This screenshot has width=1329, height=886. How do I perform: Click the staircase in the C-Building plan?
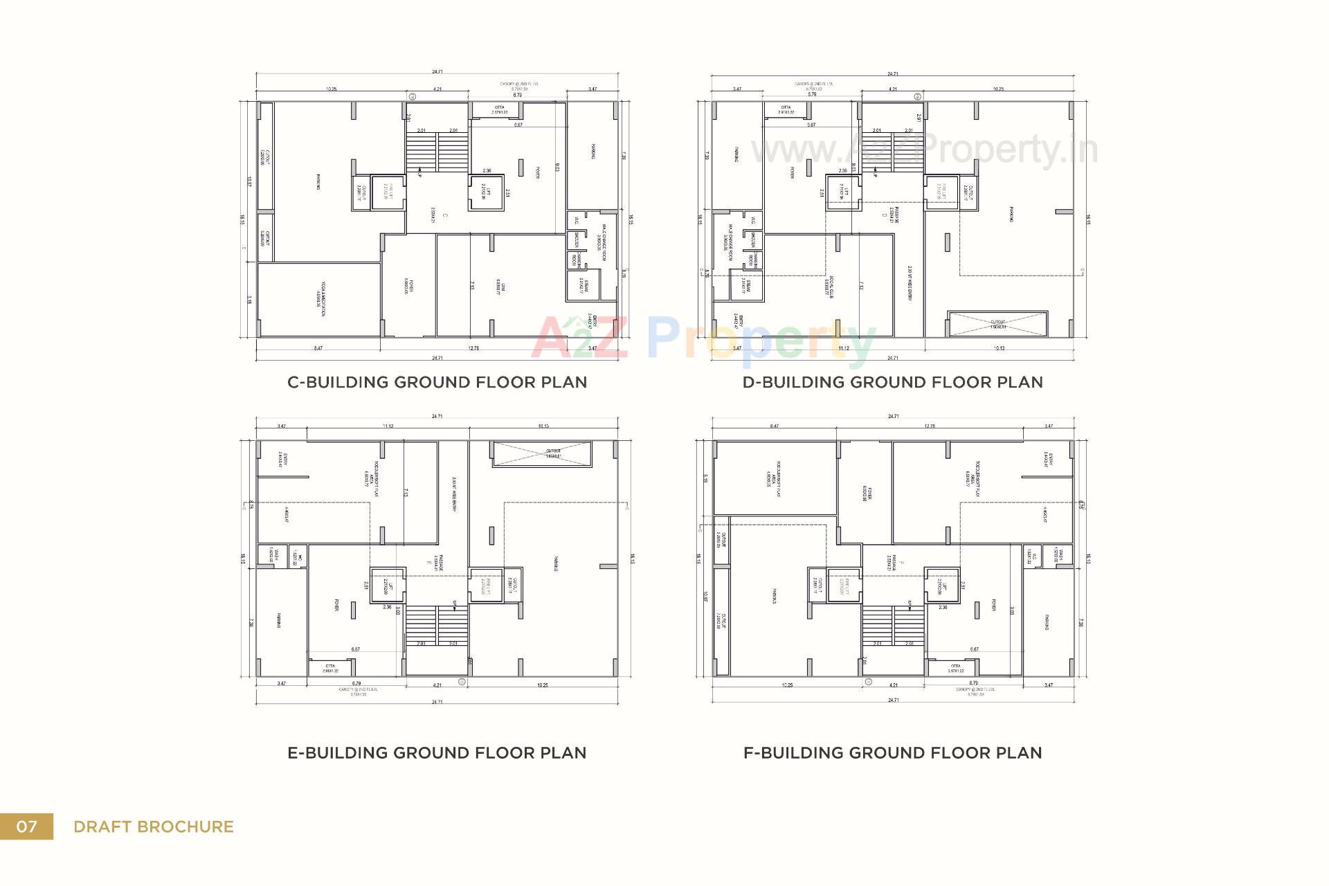pyautogui.click(x=437, y=153)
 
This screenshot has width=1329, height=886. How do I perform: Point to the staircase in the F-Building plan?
pyautogui.click(x=893, y=626)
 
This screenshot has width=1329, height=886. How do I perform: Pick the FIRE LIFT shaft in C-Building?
pyautogui.click(x=388, y=190)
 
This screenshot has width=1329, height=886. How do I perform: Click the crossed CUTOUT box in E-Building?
pyautogui.click(x=543, y=453)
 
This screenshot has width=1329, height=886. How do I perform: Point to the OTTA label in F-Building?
pyautogui.click(x=955, y=668)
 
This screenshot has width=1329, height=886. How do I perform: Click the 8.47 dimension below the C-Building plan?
pyautogui.click(x=318, y=348)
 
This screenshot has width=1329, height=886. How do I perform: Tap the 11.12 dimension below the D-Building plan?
pyautogui.click(x=843, y=348)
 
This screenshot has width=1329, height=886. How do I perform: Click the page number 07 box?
pyautogui.click(x=26, y=826)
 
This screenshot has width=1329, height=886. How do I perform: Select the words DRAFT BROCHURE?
pyautogui.click(x=154, y=826)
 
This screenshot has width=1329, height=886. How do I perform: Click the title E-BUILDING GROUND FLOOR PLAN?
pyautogui.click(x=437, y=752)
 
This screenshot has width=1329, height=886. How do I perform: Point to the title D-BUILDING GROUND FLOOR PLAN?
pyautogui.click(x=892, y=382)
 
